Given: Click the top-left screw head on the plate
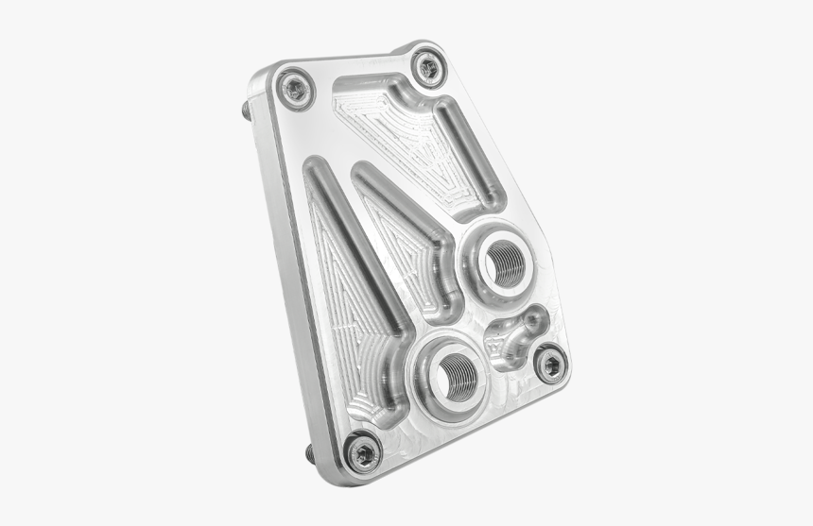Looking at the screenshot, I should pyautogui.click(x=294, y=89).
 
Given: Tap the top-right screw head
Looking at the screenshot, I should pyautogui.click(x=427, y=66).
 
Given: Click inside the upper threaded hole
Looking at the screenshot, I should pyautogui.click(x=507, y=262).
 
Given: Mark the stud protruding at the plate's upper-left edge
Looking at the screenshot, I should pyautogui.click(x=247, y=109).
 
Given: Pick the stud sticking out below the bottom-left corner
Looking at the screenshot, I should pyautogui.click(x=311, y=455).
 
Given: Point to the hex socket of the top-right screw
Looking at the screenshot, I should pyautogui.click(x=427, y=66).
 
